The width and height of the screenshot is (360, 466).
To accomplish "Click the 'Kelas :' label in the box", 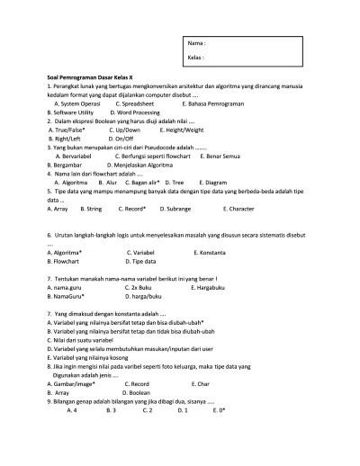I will [196, 58].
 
